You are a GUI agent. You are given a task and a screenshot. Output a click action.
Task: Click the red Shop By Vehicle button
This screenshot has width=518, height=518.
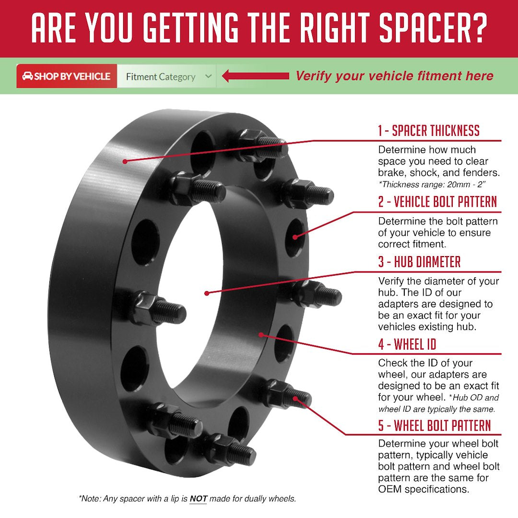(67, 76)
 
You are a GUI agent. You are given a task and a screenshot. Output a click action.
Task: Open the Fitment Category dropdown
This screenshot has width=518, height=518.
(166, 77)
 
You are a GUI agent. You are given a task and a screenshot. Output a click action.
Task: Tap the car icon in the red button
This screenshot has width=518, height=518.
(27, 76)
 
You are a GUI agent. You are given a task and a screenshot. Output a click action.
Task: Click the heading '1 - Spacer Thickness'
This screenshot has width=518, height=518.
(428, 130)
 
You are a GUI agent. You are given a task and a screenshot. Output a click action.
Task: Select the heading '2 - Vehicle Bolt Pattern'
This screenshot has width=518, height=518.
(437, 202)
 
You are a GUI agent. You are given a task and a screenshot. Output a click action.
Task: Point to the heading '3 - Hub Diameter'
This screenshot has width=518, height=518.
(419, 262)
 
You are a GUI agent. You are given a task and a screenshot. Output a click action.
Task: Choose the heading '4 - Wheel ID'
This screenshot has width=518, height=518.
(407, 344)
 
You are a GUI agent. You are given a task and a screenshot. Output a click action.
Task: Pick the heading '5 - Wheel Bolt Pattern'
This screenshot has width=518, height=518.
(435, 425)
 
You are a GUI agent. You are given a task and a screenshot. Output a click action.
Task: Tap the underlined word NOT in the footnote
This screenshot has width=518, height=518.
(198, 499)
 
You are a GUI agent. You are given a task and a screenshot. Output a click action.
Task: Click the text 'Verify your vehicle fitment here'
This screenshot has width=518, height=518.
(394, 76)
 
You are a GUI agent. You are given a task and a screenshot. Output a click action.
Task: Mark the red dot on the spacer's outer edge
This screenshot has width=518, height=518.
(125, 161)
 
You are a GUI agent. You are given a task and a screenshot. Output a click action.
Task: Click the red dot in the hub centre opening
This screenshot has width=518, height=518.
(207, 293)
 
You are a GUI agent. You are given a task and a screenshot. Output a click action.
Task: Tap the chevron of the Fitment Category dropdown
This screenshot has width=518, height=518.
(208, 76)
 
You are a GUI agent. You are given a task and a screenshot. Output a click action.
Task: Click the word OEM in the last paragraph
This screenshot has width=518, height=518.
(389, 490)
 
